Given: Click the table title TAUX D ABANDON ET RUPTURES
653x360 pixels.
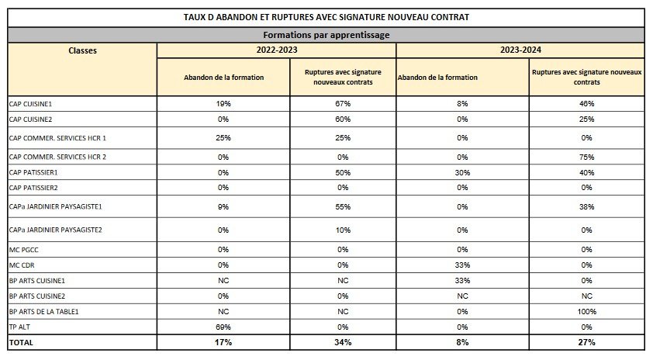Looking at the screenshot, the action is pos(326,18).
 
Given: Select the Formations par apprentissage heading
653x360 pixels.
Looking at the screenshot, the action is pos(326,35).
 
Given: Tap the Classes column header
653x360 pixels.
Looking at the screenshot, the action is pos(82,50).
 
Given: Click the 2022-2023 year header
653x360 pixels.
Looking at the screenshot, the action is pos(277,50).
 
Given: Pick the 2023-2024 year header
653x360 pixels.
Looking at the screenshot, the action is pos(520,50).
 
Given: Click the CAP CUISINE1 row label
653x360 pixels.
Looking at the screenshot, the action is pos(30,104).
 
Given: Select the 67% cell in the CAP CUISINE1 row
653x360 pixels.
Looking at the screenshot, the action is pos(343,104).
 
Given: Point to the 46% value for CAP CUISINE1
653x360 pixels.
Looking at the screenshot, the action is pos(586,104).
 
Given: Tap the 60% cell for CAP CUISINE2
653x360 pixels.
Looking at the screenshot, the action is pos(343,119).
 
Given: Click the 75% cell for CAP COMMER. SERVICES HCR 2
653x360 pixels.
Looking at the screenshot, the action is pos(586,157).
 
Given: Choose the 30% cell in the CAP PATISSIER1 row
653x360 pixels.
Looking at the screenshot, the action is pos(462,172).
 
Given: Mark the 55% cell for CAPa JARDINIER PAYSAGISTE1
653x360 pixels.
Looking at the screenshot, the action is pos(343,206).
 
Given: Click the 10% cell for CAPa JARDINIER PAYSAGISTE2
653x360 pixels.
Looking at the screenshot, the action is pos(343,230).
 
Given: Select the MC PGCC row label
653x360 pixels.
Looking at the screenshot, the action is pos(24,250).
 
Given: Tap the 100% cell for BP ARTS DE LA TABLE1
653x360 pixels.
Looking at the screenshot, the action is pos(586,312).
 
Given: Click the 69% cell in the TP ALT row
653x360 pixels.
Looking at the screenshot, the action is pos(223,327).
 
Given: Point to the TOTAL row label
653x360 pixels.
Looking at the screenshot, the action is pos(21,342).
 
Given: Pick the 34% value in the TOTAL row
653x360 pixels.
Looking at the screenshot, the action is pos(343,342).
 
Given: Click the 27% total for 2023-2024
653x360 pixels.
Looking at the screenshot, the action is pos(586,342).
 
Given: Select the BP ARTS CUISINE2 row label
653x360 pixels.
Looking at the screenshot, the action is pos(37,296).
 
